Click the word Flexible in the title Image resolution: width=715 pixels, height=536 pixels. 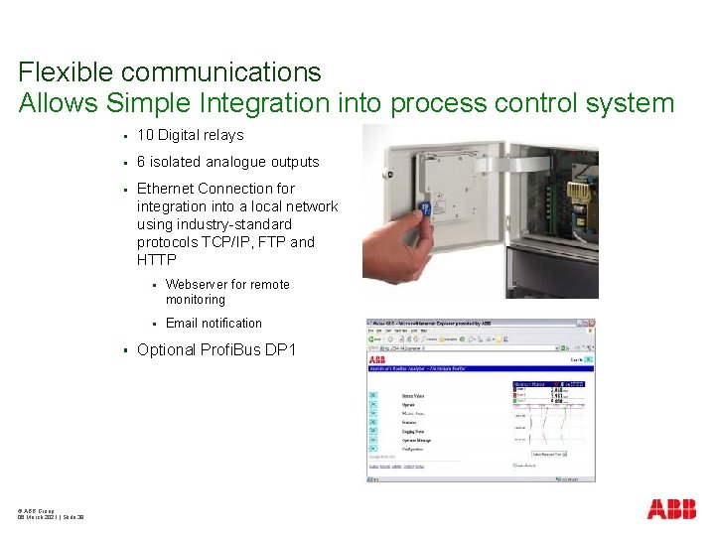pyautogui.click(x=70, y=72)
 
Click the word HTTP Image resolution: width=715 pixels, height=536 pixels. pyautogui.click(x=156, y=260)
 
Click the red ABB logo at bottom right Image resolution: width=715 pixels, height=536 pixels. pyautogui.click(x=671, y=509)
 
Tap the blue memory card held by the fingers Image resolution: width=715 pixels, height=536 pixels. pyautogui.click(x=424, y=209)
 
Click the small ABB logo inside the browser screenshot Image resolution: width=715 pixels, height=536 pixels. pyautogui.click(x=377, y=359)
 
